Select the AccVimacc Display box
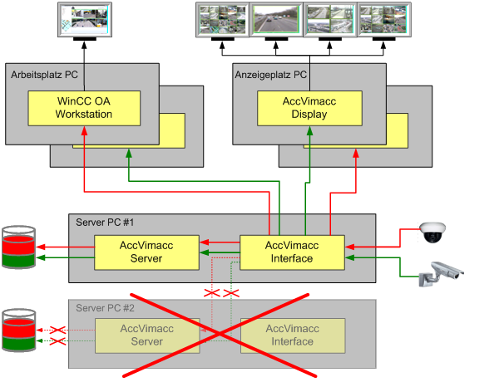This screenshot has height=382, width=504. (x=309, y=108)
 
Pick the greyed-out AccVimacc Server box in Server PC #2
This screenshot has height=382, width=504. (x=146, y=335)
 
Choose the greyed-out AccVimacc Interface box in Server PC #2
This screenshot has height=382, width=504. (x=291, y=335)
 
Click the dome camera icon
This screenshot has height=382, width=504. (x=432, y=233)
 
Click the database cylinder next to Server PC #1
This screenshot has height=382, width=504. (x=18, y=247)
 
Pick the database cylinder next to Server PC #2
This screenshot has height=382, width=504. (x=18, y=331)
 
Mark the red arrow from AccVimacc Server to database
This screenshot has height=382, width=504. (x=67, y=247)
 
